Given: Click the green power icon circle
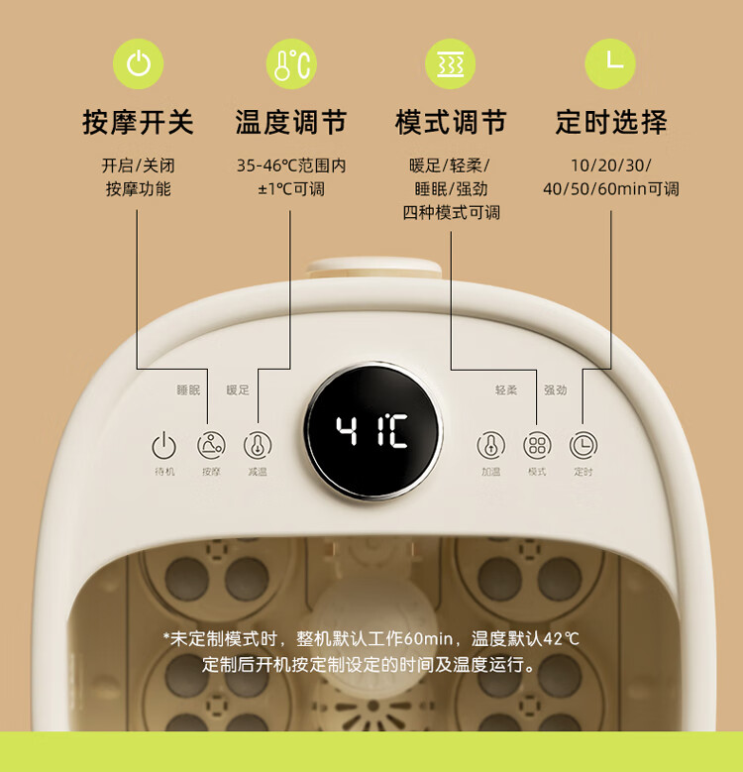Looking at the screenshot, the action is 139,64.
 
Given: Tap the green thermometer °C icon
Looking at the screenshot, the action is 291,64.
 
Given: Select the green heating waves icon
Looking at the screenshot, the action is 450,64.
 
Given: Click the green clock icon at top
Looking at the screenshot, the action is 610,64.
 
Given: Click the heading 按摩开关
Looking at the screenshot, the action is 139,122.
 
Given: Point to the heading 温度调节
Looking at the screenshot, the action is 291,122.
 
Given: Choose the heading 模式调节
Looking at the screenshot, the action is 451,122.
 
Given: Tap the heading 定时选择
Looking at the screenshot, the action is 611,122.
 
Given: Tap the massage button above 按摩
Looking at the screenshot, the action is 211,445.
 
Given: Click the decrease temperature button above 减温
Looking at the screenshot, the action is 258,445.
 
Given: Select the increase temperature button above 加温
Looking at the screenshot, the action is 490,445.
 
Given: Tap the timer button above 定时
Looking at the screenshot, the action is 584,445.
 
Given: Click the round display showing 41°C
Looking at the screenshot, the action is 372,432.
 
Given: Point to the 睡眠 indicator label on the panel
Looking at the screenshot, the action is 188,389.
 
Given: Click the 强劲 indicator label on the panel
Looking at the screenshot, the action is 555,389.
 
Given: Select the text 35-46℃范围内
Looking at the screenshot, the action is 291,165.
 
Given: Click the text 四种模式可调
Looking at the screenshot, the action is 451,213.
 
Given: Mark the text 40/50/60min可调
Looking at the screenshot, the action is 611,189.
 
